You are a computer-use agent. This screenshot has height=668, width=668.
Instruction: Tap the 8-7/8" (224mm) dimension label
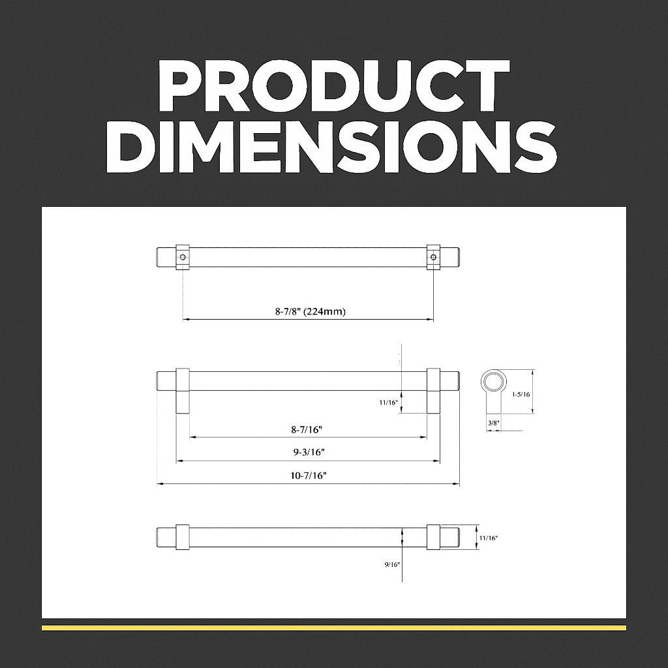click(310, 311)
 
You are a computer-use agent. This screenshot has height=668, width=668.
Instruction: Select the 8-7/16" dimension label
click(307, 430)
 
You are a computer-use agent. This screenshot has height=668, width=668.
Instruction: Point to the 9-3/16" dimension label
click(309, 453)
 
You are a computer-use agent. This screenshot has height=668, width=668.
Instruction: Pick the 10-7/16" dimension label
click(309, 476)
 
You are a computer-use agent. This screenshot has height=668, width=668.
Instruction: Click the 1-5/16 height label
click(521, 394)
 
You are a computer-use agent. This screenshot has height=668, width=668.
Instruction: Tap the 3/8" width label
click(493, 423)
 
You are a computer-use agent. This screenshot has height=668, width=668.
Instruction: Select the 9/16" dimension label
click(392, 564)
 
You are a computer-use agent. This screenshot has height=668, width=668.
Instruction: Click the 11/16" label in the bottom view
click(489, 538)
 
